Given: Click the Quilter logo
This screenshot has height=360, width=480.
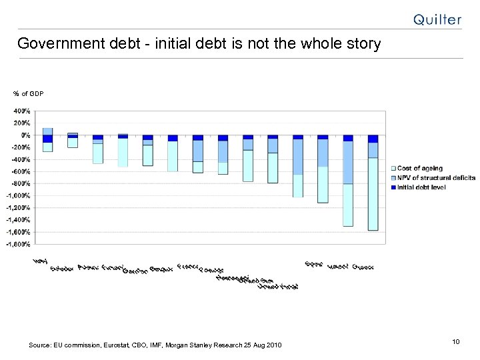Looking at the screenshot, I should click(x=437, y=19).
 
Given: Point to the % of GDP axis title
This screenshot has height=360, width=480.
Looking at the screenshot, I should click(x=28, y=93).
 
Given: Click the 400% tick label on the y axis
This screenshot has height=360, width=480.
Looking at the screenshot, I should click(x=21, y=111).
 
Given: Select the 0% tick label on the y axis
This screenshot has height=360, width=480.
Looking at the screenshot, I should click(x=24, y=135).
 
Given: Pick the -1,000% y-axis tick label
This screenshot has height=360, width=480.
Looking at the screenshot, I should click(x=19, y=195).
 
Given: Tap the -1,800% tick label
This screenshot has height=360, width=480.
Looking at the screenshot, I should click(x=19, y=244).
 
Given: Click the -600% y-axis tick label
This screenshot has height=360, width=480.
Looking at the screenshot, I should click(x=21, y=171).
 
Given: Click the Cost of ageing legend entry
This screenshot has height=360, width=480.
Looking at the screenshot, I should click(x=420, y=169).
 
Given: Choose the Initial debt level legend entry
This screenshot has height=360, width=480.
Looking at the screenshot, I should click(x=427, y=187).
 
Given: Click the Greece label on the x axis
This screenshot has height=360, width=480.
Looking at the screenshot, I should click(x=363, y=267).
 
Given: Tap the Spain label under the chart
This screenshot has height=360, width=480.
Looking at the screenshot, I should click(x=313, y=264).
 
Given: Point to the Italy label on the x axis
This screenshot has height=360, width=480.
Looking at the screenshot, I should click(x=41, y=264).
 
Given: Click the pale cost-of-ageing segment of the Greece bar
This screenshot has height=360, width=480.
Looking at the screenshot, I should click(x=373, y=193).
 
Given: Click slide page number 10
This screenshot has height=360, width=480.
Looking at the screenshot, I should click(x=456, y=342).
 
